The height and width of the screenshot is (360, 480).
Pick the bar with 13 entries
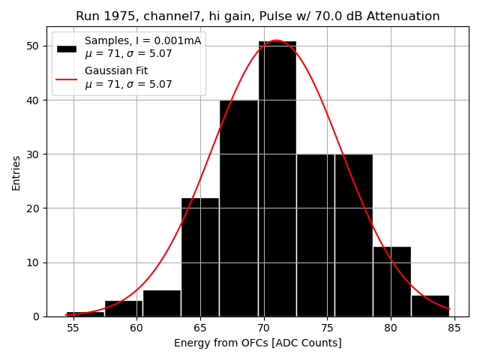click(391, 281)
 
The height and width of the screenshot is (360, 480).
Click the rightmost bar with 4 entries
click(430, 306)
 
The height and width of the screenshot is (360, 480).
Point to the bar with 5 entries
click(162, 303)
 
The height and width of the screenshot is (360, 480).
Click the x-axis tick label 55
click(73, 328)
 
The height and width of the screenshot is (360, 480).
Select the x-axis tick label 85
click(454, 328)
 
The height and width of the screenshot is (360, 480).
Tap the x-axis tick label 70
click(263, 328)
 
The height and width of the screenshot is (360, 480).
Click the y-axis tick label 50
click(34, 46)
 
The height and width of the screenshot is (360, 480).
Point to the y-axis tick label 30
click(34, 154)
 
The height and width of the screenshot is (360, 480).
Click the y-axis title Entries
click(16, 172)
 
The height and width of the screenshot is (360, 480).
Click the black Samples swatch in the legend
click(66, 48)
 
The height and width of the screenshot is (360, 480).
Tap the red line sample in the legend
click(66, 78)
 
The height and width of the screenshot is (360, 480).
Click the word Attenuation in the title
click(406, 16)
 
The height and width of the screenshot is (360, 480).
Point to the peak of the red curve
click(276, 40)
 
